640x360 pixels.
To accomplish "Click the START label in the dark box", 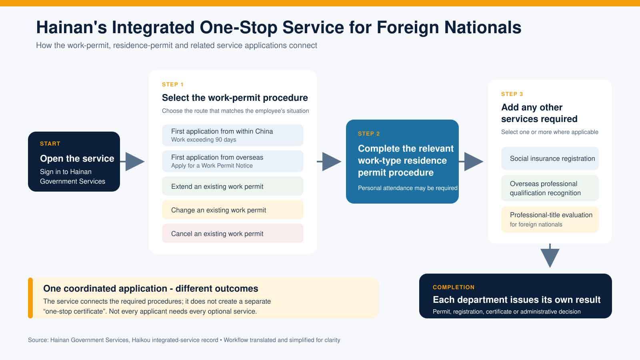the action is coord(50,144).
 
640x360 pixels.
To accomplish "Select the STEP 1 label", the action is coord(172,84).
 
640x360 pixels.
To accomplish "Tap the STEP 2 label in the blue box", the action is coord(369,134).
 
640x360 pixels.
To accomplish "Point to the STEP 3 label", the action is coord(512,94).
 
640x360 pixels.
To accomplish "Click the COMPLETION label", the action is coord(454,288).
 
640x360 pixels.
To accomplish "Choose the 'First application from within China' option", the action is coord(232,135).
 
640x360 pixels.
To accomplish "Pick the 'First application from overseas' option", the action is coord(232,161).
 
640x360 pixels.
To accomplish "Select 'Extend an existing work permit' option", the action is coord(232,186).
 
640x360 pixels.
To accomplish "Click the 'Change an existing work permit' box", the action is coord(232,210).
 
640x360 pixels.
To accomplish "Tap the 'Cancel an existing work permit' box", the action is coord(232,234).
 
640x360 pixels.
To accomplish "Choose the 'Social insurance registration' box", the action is coord(550,158).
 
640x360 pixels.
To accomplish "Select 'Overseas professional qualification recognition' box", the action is coord(550,188).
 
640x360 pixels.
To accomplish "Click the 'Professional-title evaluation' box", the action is coord(550,220).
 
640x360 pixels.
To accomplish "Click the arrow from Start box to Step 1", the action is coord(132,162).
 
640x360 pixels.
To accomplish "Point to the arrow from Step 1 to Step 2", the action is coord(329,162).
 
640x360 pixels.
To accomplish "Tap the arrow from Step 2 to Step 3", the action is coord(471,162).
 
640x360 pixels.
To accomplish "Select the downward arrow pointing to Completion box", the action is coord(550,256).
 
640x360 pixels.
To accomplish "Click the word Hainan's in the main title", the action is coord(72,28).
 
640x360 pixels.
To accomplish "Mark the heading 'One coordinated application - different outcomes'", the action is coord(150,288).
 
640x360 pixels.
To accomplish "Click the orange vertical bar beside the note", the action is coord(30,298).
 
